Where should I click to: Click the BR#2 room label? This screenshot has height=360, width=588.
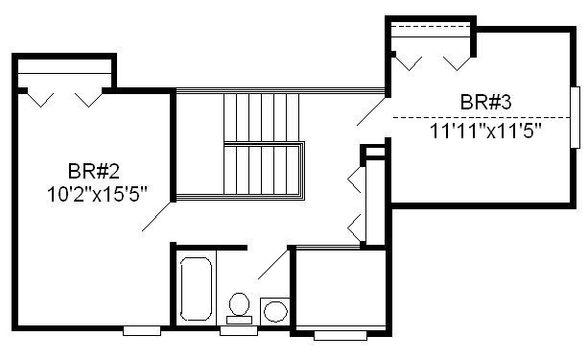[94, 171]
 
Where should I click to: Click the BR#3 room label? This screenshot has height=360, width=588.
[485, 102]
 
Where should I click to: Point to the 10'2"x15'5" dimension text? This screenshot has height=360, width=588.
[97, 195]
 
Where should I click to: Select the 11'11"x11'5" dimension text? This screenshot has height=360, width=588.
[485, 131]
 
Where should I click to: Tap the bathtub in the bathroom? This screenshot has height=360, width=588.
[196, 289]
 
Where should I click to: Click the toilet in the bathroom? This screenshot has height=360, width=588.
[239, 308]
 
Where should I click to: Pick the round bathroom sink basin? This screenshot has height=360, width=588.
[275, 311]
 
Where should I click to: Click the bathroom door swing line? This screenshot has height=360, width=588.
[273, 264]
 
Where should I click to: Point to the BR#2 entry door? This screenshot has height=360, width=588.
[157, 217]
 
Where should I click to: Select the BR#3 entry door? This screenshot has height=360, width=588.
[371, 111]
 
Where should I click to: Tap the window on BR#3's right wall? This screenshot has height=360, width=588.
[575, 117]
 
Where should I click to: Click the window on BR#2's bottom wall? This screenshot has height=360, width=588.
[142, 330]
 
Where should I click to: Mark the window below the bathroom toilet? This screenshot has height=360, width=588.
[239, 330]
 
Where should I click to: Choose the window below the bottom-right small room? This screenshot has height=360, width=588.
[341, 335]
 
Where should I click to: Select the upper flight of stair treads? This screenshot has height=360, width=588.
[261, 117]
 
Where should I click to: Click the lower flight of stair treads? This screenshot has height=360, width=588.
[261, 170]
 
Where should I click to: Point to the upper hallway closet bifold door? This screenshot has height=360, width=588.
[355, 180]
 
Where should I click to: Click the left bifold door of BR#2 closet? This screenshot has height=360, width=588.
[41, 100]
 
